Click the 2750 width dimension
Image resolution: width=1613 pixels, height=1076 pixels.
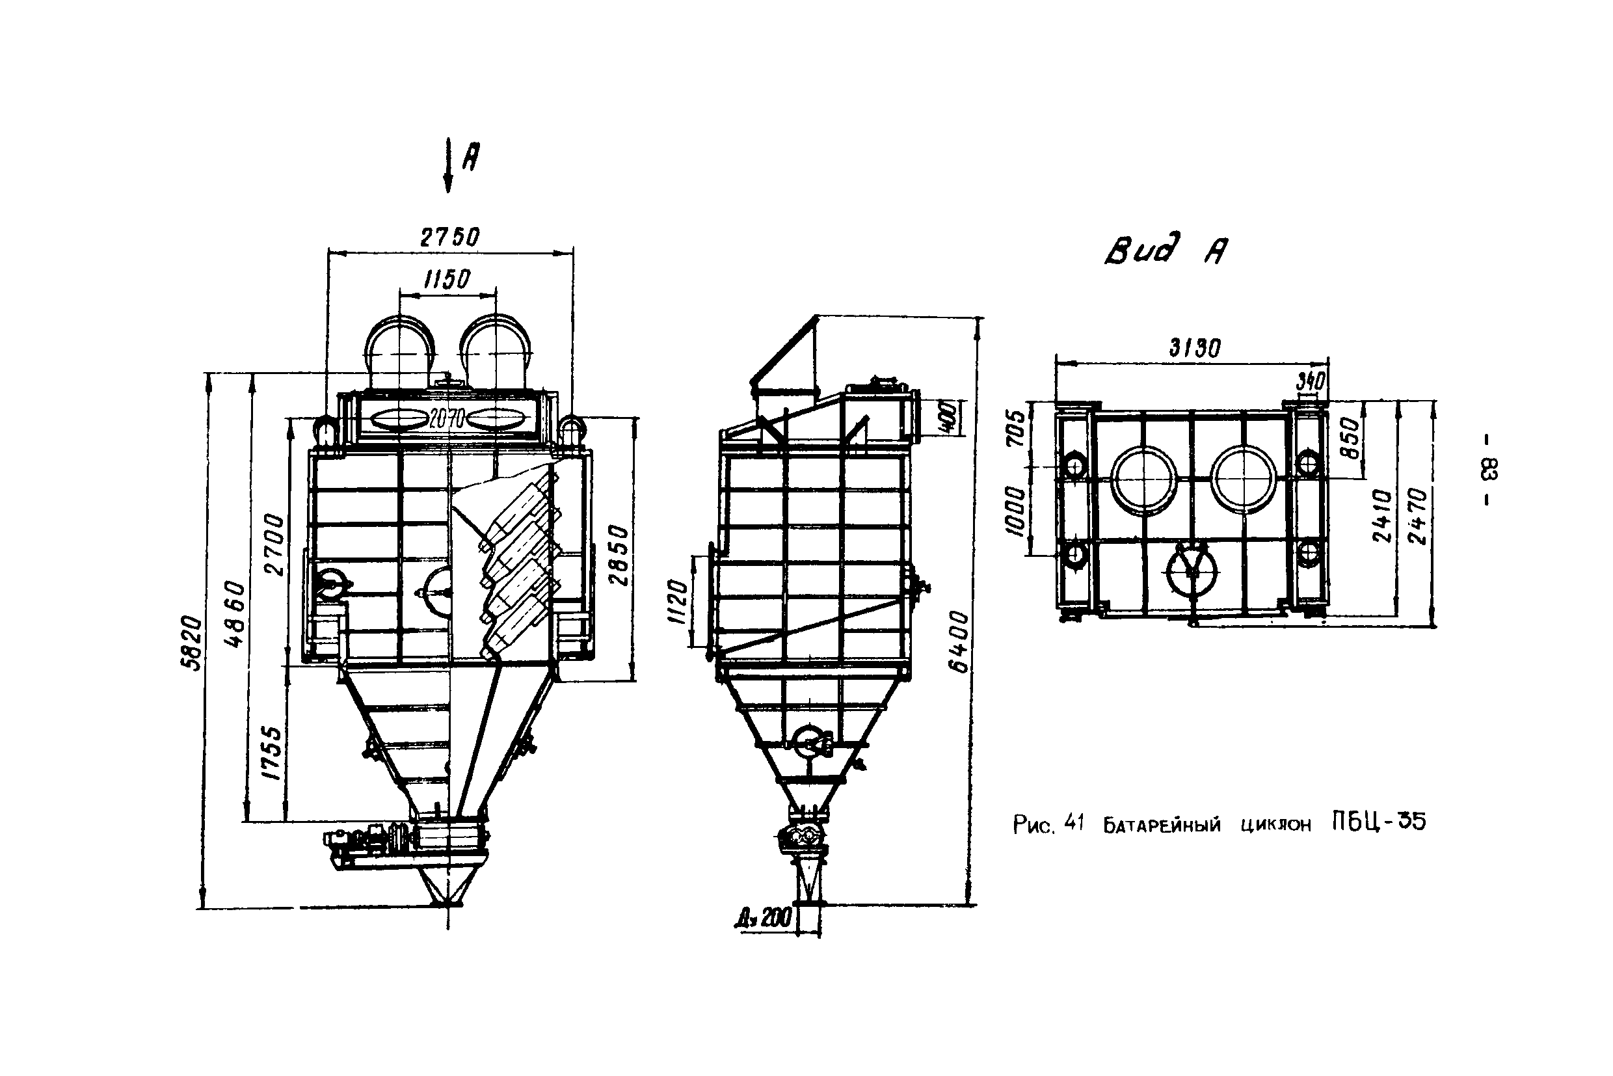(x=449, y=237)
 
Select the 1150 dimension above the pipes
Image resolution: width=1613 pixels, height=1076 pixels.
(x=447, y=279)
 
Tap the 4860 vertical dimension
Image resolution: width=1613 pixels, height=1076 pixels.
(x=235, y=614)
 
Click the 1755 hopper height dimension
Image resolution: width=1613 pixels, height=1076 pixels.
(x=273, y=753)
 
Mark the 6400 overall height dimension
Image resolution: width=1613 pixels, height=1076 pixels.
(x=959, y=641)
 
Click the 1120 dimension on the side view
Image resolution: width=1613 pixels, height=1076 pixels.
(x=677, y=601)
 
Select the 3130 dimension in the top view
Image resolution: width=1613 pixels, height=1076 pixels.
(x=1195, y=349)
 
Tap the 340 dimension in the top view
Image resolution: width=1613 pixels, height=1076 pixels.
(x=1310, y=381)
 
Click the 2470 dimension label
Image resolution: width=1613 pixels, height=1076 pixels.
(x=1417, y=516)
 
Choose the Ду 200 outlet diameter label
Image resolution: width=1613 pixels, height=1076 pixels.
(x=763, y=918)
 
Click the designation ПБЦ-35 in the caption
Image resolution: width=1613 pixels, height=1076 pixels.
(x=1378, y=822)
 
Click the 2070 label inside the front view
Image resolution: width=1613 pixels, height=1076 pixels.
(x=447, y=417)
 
